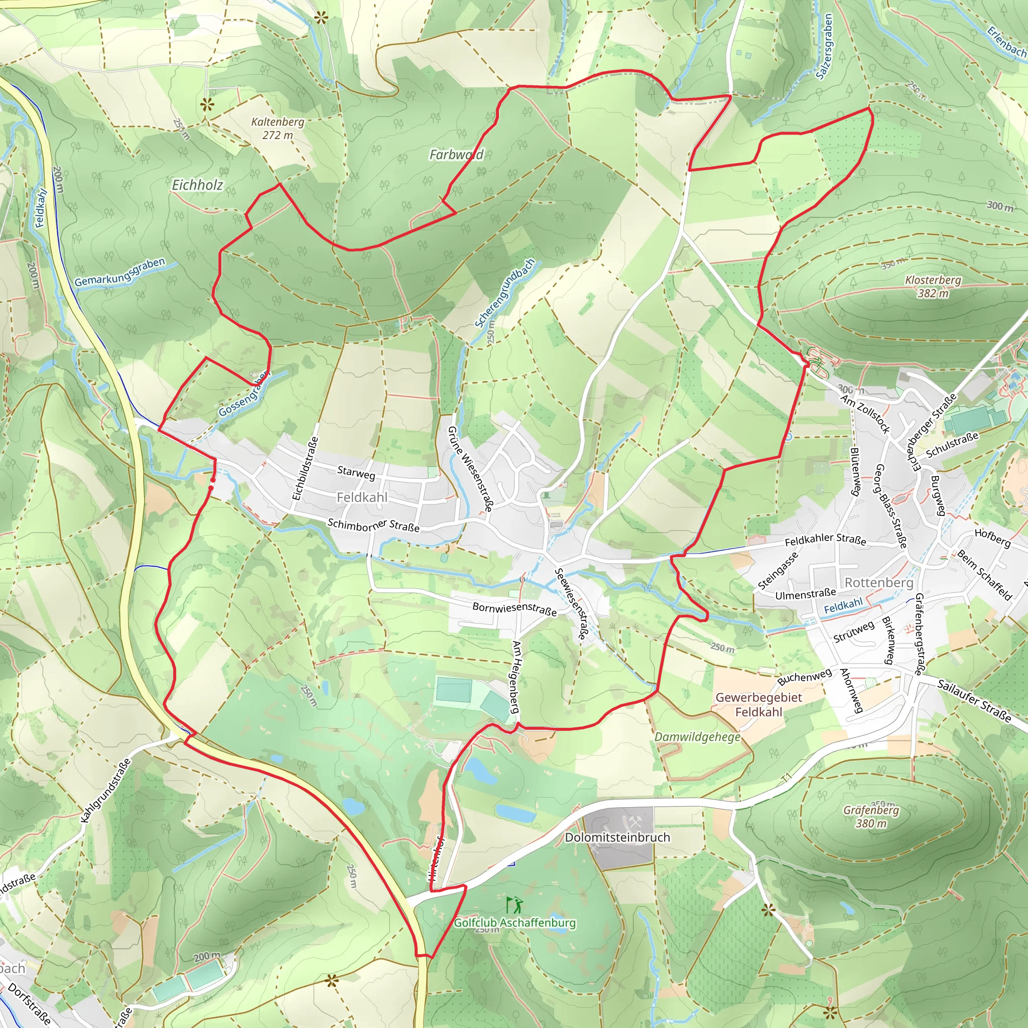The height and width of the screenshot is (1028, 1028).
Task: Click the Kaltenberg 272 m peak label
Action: tap(277, 128)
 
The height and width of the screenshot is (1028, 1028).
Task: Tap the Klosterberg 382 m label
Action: tap(933, 286)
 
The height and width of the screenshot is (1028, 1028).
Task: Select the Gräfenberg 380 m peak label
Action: tap(871, 816)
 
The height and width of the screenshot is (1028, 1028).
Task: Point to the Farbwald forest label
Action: tap(456, 155)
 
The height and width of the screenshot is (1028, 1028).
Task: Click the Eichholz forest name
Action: tap(197, 185)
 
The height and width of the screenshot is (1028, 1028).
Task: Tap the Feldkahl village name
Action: tap(362, 497)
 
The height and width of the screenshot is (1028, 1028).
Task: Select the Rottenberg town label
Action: tap(878, 583)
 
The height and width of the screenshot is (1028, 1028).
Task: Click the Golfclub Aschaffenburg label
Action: tap(515, 923)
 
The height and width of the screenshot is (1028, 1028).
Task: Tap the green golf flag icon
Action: tap(515, 905)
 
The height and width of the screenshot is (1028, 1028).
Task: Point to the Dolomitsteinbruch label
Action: tap(617, 837)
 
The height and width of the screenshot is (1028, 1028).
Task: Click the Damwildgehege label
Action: tap(697, 737)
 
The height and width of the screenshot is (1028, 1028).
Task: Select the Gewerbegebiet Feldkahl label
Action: tap(758, 704)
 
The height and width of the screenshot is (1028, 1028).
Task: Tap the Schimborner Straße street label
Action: tap(373, 525)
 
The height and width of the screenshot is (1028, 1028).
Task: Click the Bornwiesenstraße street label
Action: tap(514, 609)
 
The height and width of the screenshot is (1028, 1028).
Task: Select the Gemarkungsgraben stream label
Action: tap(120, 272)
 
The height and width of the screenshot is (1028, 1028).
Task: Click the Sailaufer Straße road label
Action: tap(974, 700)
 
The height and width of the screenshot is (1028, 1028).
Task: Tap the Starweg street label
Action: tap(356, 472)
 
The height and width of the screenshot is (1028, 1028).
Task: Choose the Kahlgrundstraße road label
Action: tap(105, 791)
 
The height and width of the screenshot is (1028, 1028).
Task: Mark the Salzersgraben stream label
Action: tap(824, 47)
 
